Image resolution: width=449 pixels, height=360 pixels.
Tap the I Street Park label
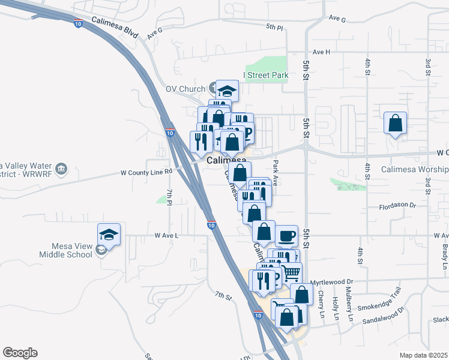266,75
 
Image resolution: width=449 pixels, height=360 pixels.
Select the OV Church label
185,89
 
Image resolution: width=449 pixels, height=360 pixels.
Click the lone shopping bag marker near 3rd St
396,123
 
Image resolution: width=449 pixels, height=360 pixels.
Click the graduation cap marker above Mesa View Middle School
109,233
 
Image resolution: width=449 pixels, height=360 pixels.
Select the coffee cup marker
286,235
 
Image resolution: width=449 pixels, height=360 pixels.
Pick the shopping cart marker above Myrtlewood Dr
291,273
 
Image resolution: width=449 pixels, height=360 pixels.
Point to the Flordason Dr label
397,205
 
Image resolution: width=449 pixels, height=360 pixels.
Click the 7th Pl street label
170,197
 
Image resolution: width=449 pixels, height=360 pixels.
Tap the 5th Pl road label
274,27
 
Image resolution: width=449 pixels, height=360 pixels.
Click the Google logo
20,353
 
